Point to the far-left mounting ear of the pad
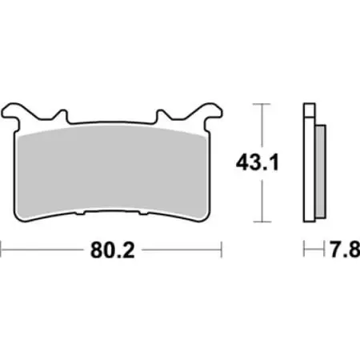point(16,111)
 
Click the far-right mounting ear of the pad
point(213,111)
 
